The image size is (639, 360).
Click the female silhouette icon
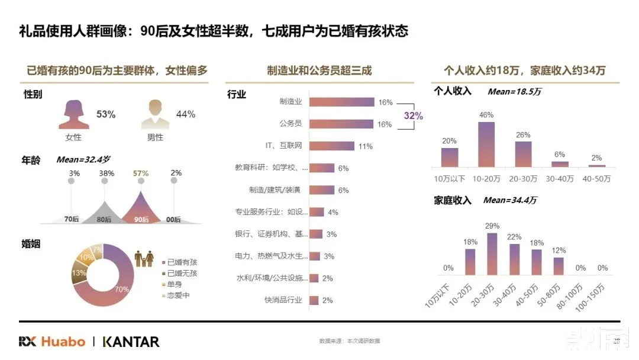tap(73, 114)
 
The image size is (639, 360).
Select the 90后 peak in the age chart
tap(141, 208)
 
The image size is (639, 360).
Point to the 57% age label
tap(140, 173)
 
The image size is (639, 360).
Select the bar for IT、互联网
tap(331, 146)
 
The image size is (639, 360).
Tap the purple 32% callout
tap(413, 116)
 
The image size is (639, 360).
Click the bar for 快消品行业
tap(314, 300)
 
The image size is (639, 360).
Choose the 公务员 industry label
tap(291, 124)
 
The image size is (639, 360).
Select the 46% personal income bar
tap(486, 144)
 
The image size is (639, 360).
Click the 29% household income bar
tap(492, 254)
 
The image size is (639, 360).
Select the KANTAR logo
tap(131, 342)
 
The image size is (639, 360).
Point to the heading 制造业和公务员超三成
tap(319, 71)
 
